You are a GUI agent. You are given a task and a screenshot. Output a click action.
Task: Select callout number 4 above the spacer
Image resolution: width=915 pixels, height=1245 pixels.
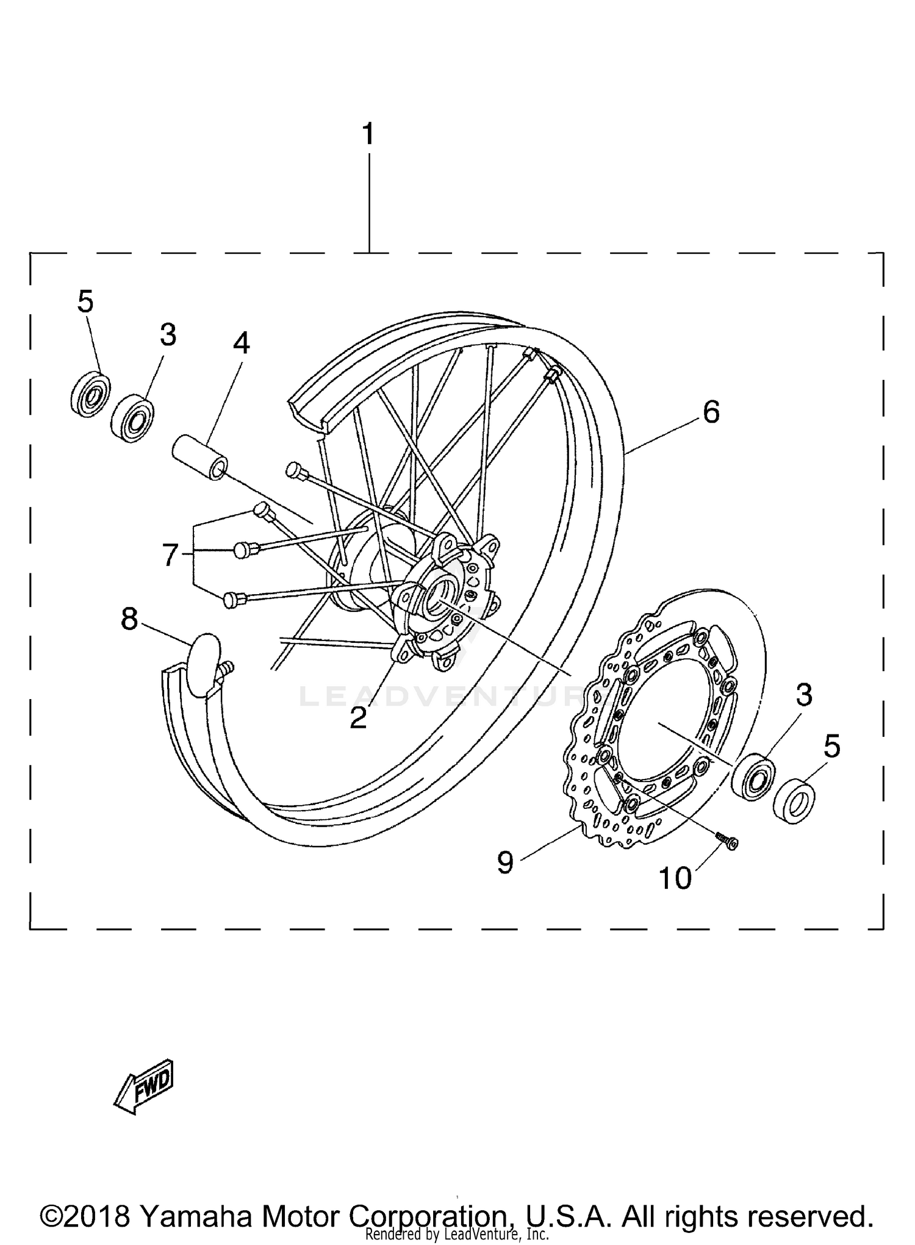(x=241, y=344)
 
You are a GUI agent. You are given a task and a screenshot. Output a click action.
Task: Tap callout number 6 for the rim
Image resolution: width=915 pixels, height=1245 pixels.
(x=711, y=412)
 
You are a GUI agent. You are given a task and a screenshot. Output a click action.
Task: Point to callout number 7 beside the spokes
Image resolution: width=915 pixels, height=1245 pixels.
(x=170, y=555)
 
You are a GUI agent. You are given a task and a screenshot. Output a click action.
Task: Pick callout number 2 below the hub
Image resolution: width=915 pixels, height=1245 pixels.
(x=358, y=718)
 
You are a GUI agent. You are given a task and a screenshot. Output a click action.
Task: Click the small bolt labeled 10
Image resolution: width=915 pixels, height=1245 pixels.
(x=727, y=840)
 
